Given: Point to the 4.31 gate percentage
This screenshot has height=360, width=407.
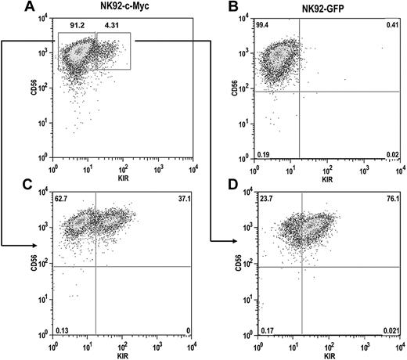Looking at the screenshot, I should (107, 26).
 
